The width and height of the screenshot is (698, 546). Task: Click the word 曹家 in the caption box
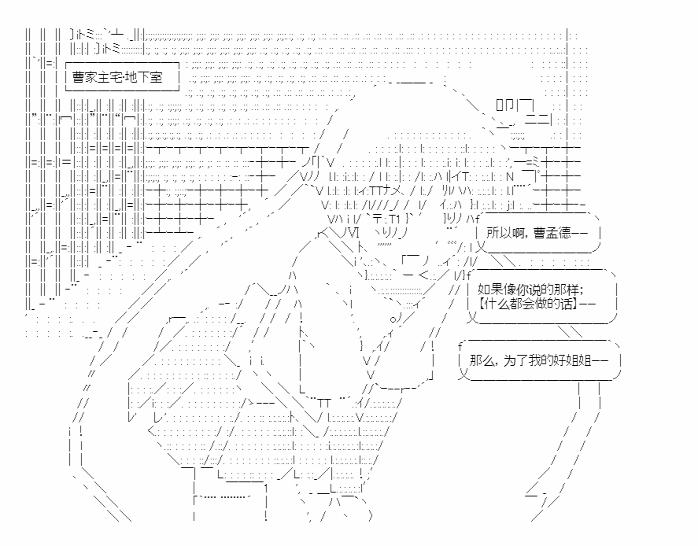pyautogui.click(x=84, y=78)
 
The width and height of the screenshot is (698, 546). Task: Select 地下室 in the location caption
pyautogui.click(x=144, y=78)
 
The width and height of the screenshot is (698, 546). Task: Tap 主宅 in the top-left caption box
pyautogui.click(x=110, y=78)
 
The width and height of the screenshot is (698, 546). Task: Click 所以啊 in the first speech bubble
pyautogui.click(x=504, y=233)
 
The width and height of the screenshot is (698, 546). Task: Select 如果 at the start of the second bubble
pyautogui.click(x=489, y=288)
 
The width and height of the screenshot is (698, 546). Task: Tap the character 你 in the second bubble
pyautogui.click(x=524, y=288)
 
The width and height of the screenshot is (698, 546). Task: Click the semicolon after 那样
pyautogui.click(x=590, y=289)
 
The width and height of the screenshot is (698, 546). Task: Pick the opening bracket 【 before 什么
pyautogui.click(x=480, y=303)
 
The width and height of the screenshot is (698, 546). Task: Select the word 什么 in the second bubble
pyautogui.click(x=496, y=303)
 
